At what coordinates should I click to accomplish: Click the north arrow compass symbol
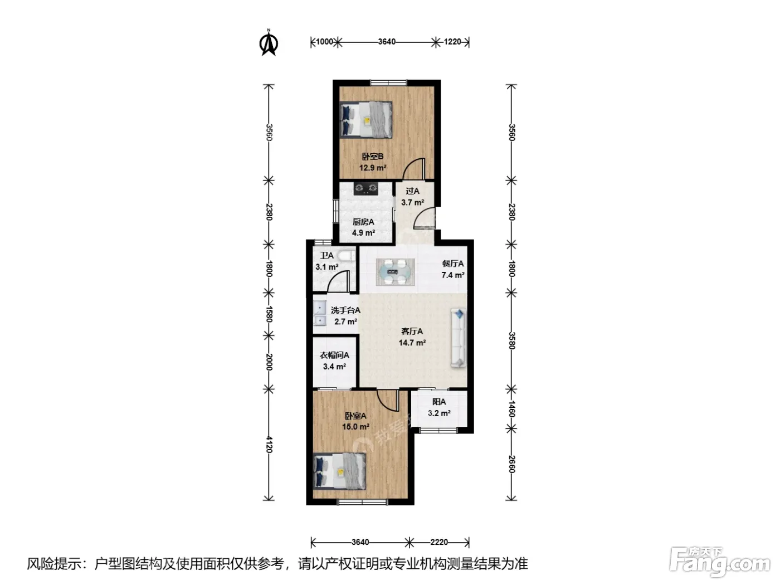click(269, 43)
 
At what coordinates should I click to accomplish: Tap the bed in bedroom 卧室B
click(365, 119)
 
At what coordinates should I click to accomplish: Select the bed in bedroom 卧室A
click(339, 472)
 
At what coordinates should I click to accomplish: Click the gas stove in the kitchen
click(365, 188)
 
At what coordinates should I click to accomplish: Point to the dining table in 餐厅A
click(396, 272)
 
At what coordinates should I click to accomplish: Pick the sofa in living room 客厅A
click(459, 338)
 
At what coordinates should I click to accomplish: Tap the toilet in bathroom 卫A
click(346, 255)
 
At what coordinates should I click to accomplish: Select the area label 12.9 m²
click(372, 167)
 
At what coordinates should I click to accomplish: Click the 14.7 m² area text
click(412, 343)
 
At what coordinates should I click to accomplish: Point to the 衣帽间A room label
click(334, 355)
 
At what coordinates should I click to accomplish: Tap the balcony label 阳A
click(439, 402)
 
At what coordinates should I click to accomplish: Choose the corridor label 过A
click(413, 191)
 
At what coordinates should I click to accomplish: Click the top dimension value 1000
click(324, 42)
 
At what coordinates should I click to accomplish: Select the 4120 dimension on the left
click(269, 445)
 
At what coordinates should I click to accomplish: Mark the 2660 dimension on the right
click(511, 464)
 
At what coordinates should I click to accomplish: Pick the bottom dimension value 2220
click(439, 542)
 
